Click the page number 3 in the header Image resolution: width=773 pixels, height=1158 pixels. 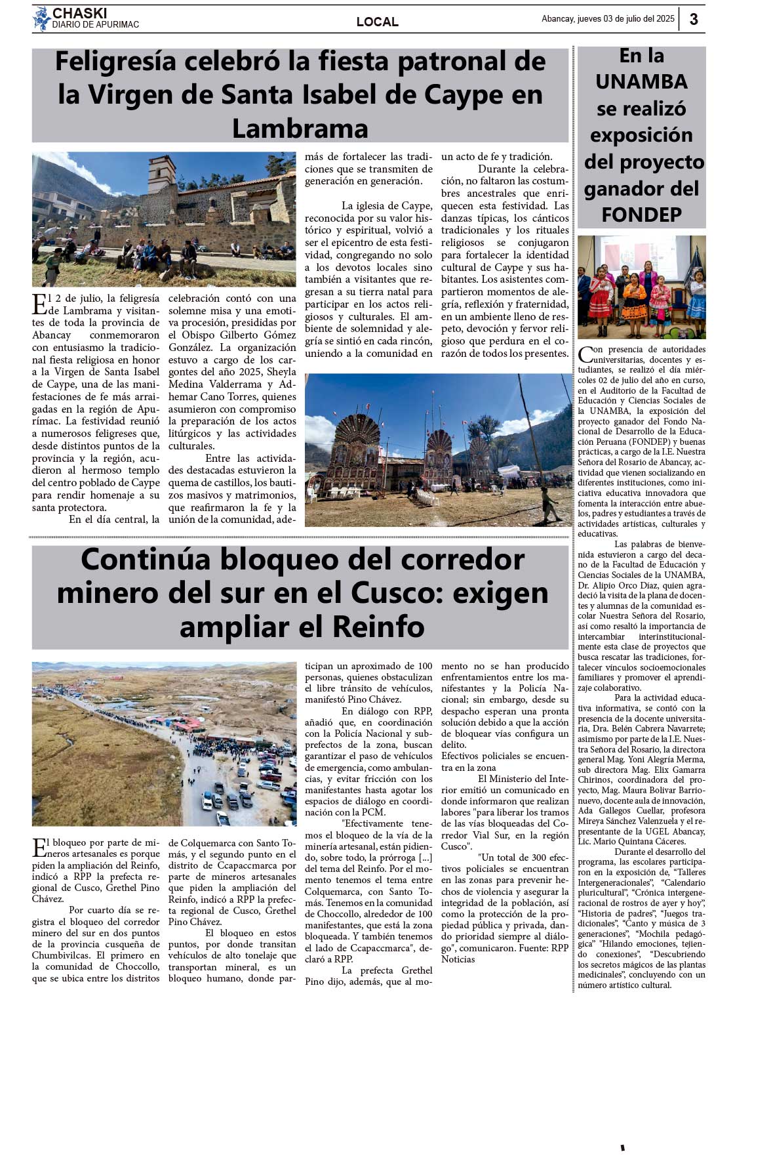tap(694, 20)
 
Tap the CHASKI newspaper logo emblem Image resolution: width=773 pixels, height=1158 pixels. tap(42, 19)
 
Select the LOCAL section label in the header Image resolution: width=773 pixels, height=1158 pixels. tap(377, 22)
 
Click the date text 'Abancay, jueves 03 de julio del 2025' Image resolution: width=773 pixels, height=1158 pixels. tap(607, 19)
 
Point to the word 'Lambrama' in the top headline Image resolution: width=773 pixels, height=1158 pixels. tap(300, 129)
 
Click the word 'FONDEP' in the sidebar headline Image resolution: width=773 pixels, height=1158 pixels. tap(641, 215)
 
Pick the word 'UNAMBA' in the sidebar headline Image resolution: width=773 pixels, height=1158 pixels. tap(641, 81)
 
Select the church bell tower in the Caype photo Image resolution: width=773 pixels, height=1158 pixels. tap(161, 176)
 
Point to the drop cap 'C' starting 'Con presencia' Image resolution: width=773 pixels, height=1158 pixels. tap(585, 355)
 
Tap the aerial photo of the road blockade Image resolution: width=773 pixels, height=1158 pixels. tap(164, 743)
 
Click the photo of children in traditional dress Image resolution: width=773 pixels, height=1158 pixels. tap(641, 287)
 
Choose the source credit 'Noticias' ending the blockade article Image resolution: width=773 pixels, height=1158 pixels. tap(458, 959)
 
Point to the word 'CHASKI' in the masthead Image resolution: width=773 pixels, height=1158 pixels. tap(79, 13)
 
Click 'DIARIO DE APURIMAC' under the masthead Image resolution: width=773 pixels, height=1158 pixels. tap(96, 25)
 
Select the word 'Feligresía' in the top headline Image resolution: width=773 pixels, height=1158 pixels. tap(115, 62)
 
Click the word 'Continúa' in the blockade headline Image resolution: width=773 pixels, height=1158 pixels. tap(146, 560)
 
